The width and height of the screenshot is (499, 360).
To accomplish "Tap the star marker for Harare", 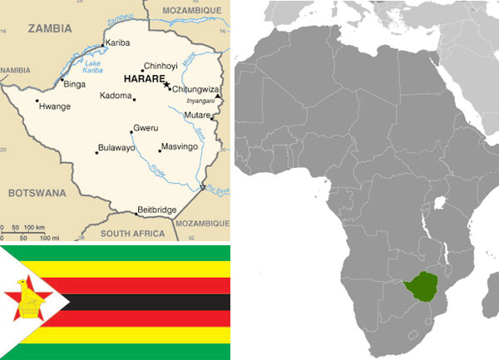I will [166, 84].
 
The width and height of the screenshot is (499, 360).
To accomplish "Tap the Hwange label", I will [55, 106].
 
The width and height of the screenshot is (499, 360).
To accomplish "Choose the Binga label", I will [75, 83].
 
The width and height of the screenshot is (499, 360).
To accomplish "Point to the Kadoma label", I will [116, 96].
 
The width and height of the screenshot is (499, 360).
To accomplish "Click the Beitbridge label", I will [157, 210].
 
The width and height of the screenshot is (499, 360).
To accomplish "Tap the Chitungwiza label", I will [196, 89].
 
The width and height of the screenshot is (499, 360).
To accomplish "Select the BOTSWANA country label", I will [37, 192].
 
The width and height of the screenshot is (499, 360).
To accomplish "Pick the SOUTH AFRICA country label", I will [133, 234].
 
